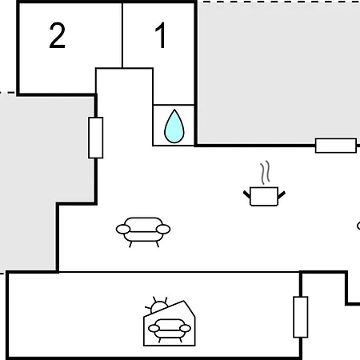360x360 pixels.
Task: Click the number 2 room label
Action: click(x=57, y=35)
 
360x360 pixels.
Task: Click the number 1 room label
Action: click(x=161, y=35)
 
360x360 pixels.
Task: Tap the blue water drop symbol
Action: click(x=174, y=126)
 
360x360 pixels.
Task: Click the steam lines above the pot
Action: click(x=265, y=172)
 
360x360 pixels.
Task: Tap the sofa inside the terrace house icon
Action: click(x=170, y=330)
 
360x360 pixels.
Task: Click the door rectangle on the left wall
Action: click(x=96, y=138)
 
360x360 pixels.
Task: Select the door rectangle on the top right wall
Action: click(x=336, y=146)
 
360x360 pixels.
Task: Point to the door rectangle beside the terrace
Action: click(x=301, y=317)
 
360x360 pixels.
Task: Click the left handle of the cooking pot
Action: click(x=247, y=194)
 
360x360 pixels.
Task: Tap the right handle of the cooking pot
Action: click(x=282, y=194)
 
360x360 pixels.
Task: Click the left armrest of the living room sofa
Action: click(x=123, y=229)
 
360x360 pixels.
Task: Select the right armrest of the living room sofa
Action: click(x=163, y=229)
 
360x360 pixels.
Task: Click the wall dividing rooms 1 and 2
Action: click(x=122, y=35)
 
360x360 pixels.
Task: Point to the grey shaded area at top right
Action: click(x=278, y=72)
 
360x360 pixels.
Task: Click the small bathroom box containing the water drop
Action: click(x=174, y=125)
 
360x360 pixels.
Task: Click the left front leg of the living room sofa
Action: click(x=130, y=244)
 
